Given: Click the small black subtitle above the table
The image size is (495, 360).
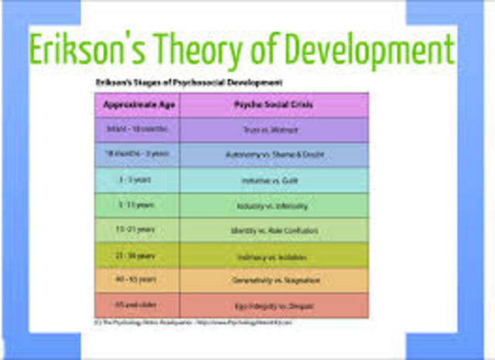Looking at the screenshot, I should [x=188, y=81].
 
